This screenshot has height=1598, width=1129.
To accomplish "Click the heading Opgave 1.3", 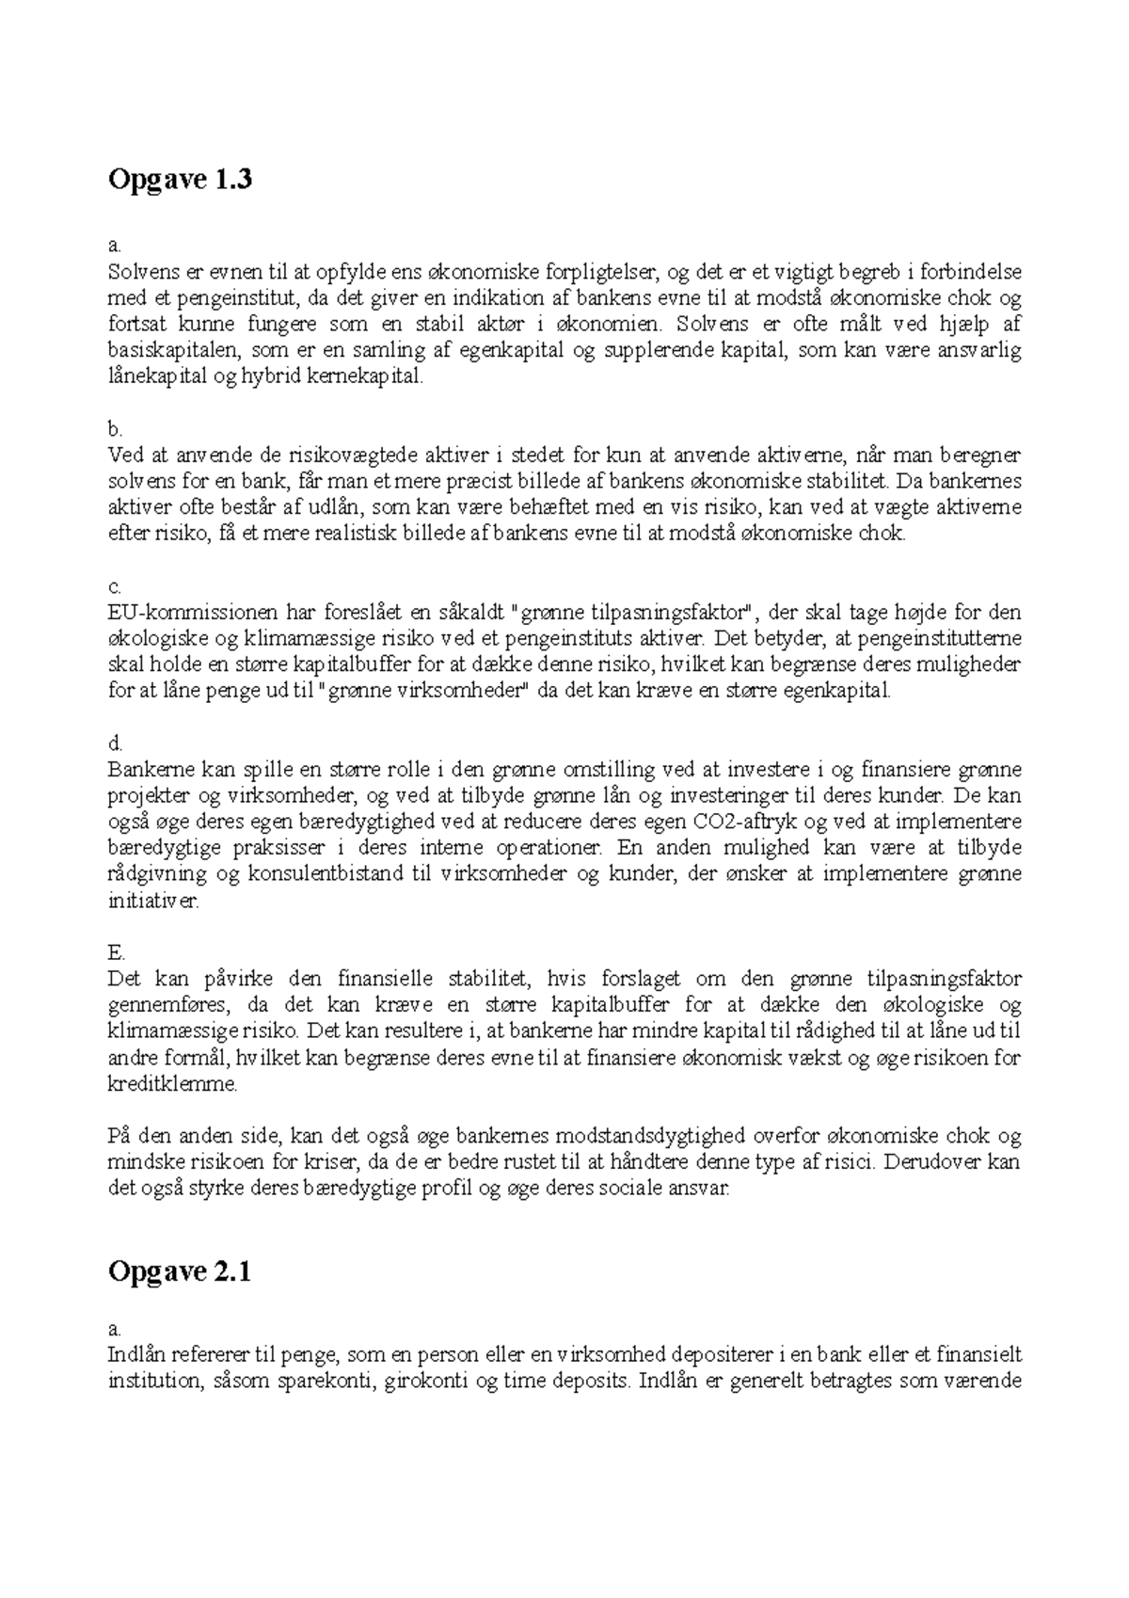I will click(181, 180).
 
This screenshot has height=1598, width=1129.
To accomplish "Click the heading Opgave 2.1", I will click(181, 1272).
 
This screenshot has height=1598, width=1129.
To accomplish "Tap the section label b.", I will click(115, 429).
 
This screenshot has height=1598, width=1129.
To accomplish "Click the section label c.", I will click(114, 586).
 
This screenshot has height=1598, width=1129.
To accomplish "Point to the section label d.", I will click(115, 743).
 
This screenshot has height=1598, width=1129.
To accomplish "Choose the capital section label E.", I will click(116, 952).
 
